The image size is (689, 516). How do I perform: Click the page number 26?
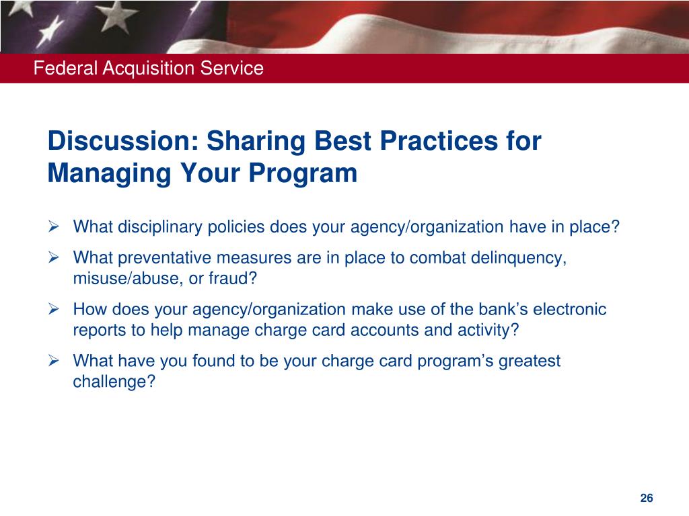647,498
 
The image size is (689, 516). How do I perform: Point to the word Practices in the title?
439,141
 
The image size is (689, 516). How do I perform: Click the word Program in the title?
303,173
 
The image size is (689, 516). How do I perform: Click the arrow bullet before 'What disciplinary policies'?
54,226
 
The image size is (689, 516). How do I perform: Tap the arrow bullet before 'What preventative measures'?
54,257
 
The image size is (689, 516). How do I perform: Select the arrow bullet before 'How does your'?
54,309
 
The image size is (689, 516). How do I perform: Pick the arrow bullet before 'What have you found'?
54,361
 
